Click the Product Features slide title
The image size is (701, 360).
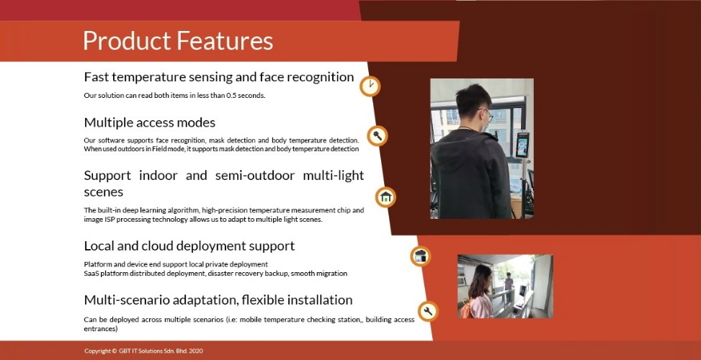coord(178,40)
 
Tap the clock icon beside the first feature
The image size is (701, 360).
coord(370,86)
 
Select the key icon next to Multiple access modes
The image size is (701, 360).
coord(378,136)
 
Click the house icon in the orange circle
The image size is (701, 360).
coord(385,197)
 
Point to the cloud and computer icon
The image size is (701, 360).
coord(420,256)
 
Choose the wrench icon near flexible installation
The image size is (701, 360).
coord(428,311)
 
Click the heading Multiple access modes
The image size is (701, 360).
coord(150,122)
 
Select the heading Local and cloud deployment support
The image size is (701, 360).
coord(189,246)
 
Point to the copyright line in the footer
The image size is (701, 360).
coord(143,351)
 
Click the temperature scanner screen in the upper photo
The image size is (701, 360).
coord(522,144)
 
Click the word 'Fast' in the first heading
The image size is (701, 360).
coord(96,77)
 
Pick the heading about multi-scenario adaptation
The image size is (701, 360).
coord(218,300)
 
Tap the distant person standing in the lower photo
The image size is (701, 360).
coord(509,282)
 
